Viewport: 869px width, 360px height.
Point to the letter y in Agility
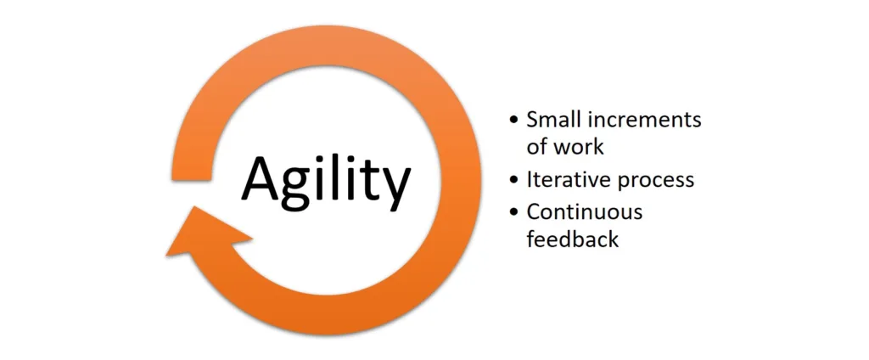click(x=394, y=187)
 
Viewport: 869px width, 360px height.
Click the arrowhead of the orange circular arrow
click(x=208, y=232)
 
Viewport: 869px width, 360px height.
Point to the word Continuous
click(x=584, y=212)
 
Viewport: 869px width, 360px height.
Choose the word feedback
click(x=573, y=239)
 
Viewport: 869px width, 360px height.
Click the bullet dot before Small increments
click(x=515, y=121)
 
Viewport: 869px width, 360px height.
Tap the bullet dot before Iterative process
click(x=515, y=181)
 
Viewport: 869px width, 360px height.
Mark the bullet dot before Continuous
click(x=515, y=212)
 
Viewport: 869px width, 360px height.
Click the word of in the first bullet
click(x=538, y=147)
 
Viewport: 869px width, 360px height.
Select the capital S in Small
click(x=533, y=120)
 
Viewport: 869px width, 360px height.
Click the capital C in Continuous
click(x=534, y=212)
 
